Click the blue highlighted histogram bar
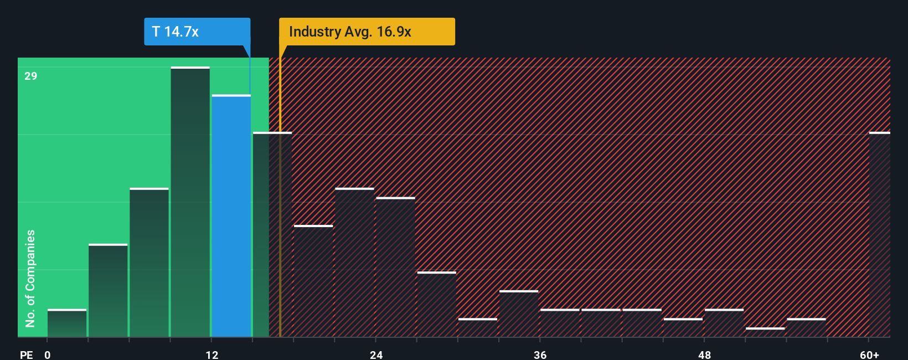[x=231, y=216]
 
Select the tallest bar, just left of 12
[x=190, y=202]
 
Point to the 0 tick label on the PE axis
[x=48, y=354]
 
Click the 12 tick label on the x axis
[x=212, y=354]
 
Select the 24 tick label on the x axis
[x=376, y=354]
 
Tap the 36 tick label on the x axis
[x=540, y=354]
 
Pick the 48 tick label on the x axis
[x=704, y=354]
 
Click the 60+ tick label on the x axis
[x=869, y=354]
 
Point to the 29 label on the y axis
[x=31, y=76]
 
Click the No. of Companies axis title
[x=30, y=278]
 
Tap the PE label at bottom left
[x=26, y=354]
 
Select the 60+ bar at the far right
[x=879, y=235]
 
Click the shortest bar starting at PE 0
[x=67, y=323]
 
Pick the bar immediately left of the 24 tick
[x=354, y=263]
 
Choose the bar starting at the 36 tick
[x=560, y=323]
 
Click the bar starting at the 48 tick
[x=724, y=323]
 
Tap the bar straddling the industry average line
[x=272, y=235]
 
